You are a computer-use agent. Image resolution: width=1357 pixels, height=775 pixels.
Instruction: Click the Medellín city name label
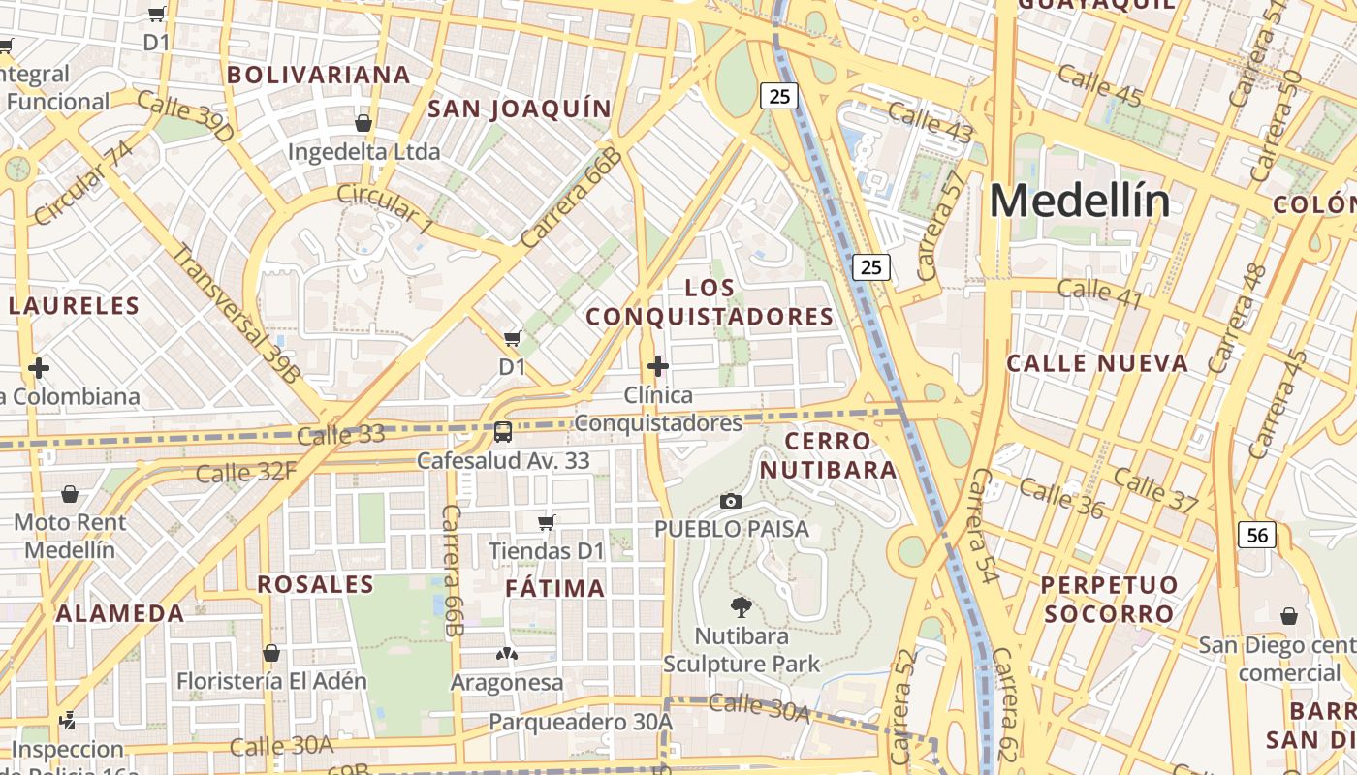pos(1079,201)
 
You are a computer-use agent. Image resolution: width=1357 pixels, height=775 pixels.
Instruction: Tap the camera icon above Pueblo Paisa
pos(731,501)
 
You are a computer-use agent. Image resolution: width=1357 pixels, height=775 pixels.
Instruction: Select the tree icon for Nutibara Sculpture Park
pos(742,607)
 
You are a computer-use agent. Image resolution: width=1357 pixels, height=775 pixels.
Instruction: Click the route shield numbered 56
pos(1257,535)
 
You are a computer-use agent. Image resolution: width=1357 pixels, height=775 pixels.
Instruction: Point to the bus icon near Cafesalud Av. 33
pos(502,432)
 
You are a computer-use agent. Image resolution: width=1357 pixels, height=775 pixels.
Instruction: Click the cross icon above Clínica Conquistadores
pos(658,366)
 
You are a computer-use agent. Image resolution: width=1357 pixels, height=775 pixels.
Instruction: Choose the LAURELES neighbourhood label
pos(75,306)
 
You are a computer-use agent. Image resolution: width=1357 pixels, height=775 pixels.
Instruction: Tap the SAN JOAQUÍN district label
pos(520,108)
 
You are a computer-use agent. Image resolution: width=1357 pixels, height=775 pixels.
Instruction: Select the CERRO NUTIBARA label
pos(828,455)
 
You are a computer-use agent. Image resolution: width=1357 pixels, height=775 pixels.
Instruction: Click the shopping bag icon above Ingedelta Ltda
pos(363,123)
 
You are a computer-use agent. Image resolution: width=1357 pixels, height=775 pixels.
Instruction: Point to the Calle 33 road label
pos(340,436)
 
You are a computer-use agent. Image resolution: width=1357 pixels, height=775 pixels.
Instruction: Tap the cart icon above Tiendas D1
pos(547,523)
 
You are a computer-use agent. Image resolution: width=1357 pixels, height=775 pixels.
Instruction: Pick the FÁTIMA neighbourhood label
pos(555,588)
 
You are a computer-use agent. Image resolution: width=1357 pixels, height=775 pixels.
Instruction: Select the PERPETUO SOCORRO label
pos(1109,599)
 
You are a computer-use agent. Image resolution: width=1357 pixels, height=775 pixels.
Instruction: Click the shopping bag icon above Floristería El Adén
pos(271,653)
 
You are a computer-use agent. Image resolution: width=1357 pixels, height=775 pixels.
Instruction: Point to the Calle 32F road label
pos(245,473)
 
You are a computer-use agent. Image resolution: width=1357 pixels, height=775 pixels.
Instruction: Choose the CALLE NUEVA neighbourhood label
pos(1097,363)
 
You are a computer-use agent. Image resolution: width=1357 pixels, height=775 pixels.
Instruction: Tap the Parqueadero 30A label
pos(580,722)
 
